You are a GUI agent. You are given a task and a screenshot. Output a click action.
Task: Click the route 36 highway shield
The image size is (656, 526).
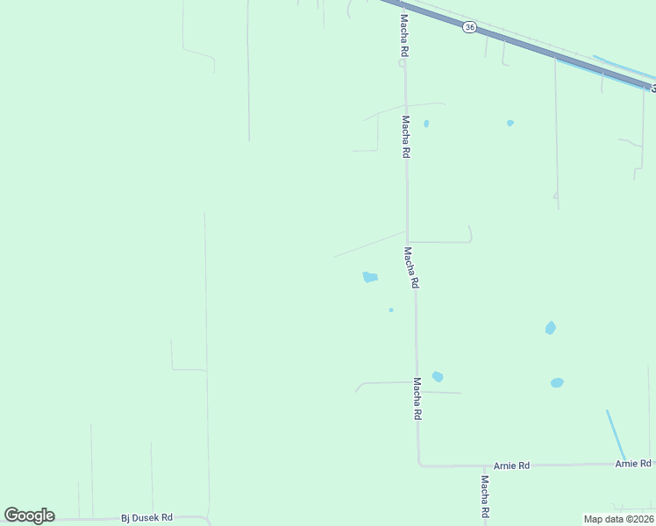(x=470, y=28)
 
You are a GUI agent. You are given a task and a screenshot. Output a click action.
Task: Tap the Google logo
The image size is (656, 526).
(x=29, y=515)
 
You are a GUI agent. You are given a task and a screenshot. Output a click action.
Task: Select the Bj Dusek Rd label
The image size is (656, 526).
(x=146, y=518)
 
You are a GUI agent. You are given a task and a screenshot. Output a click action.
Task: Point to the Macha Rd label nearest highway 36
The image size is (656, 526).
(x=404, y=35)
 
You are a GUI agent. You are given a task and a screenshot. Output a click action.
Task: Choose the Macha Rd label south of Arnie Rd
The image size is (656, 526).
(x=484, y=496)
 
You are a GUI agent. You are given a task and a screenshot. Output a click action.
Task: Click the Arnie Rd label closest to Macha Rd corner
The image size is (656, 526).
(x=511, y=466)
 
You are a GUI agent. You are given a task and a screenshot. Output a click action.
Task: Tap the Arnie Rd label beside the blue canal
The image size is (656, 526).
(x=633, y=463)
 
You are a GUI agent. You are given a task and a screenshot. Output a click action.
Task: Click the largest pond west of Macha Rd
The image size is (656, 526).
(x=370, y=278)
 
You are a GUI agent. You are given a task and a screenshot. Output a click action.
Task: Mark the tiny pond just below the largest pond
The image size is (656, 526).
(x=390, y=309)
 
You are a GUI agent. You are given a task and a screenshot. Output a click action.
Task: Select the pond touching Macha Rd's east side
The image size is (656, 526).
(x=437, y=377)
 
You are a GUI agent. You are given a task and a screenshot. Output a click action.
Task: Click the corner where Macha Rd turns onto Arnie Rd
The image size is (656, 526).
(x=419, y=465)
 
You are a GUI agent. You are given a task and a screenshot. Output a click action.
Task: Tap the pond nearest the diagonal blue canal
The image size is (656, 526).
(x=557, y=383)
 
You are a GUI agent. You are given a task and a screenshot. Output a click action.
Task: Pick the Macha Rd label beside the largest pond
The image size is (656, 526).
(x=410, y=267)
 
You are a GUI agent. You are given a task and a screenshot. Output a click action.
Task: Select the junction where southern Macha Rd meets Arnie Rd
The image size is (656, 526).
(x=484, y=466)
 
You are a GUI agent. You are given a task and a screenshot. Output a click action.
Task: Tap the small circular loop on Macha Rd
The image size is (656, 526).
(x=403, y=62)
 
